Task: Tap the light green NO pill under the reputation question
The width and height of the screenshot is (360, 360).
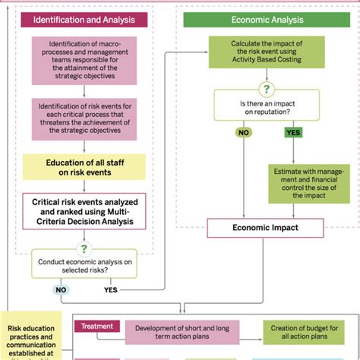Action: [244, 132]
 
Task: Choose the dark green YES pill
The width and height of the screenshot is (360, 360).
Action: [294, 132]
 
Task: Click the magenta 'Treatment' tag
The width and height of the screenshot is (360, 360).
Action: [97, 327]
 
